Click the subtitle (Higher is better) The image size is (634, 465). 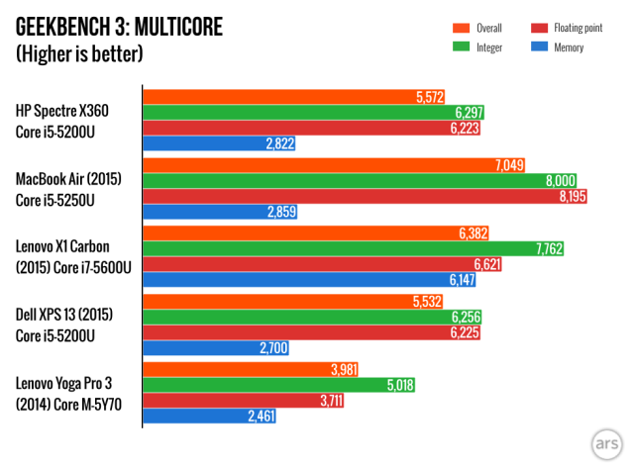point(79,53)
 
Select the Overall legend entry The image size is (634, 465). point(481,28)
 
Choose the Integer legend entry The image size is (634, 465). point(479,46)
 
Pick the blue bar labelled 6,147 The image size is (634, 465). point(297,281)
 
